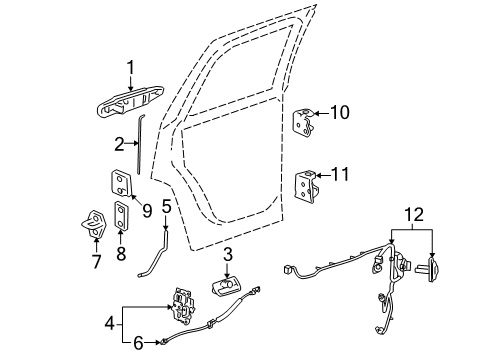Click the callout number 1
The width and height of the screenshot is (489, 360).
point(130,68)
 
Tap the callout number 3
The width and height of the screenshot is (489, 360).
point(228,255)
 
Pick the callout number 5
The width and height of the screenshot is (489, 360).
point(166,207)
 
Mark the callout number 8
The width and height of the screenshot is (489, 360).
point(122,255)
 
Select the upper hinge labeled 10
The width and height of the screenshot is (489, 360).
point(304,123)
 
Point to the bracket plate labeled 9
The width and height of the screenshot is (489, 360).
point(120,184)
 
